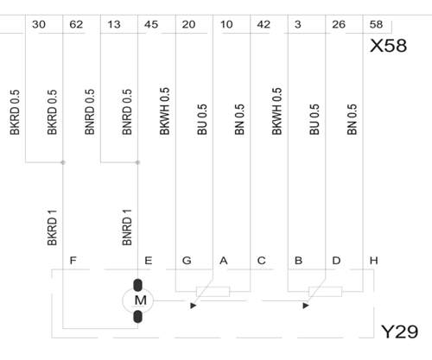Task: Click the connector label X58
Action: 388,46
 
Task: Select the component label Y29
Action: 400,332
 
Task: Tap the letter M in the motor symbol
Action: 141,300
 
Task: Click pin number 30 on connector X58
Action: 39,24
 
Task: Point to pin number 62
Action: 76,24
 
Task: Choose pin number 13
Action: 114,24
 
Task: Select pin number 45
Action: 151,24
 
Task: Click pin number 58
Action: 376,24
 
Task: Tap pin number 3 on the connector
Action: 298,24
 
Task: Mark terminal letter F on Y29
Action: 73,261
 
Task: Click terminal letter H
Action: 373,261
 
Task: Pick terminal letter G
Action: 187,261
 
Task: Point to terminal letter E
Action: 148,261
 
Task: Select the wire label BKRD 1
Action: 52,228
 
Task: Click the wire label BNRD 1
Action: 127,227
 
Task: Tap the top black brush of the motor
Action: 138,285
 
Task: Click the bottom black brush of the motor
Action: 138,316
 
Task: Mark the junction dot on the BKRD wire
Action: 63,162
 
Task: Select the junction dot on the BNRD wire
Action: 137,162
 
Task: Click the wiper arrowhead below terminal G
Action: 194,306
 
